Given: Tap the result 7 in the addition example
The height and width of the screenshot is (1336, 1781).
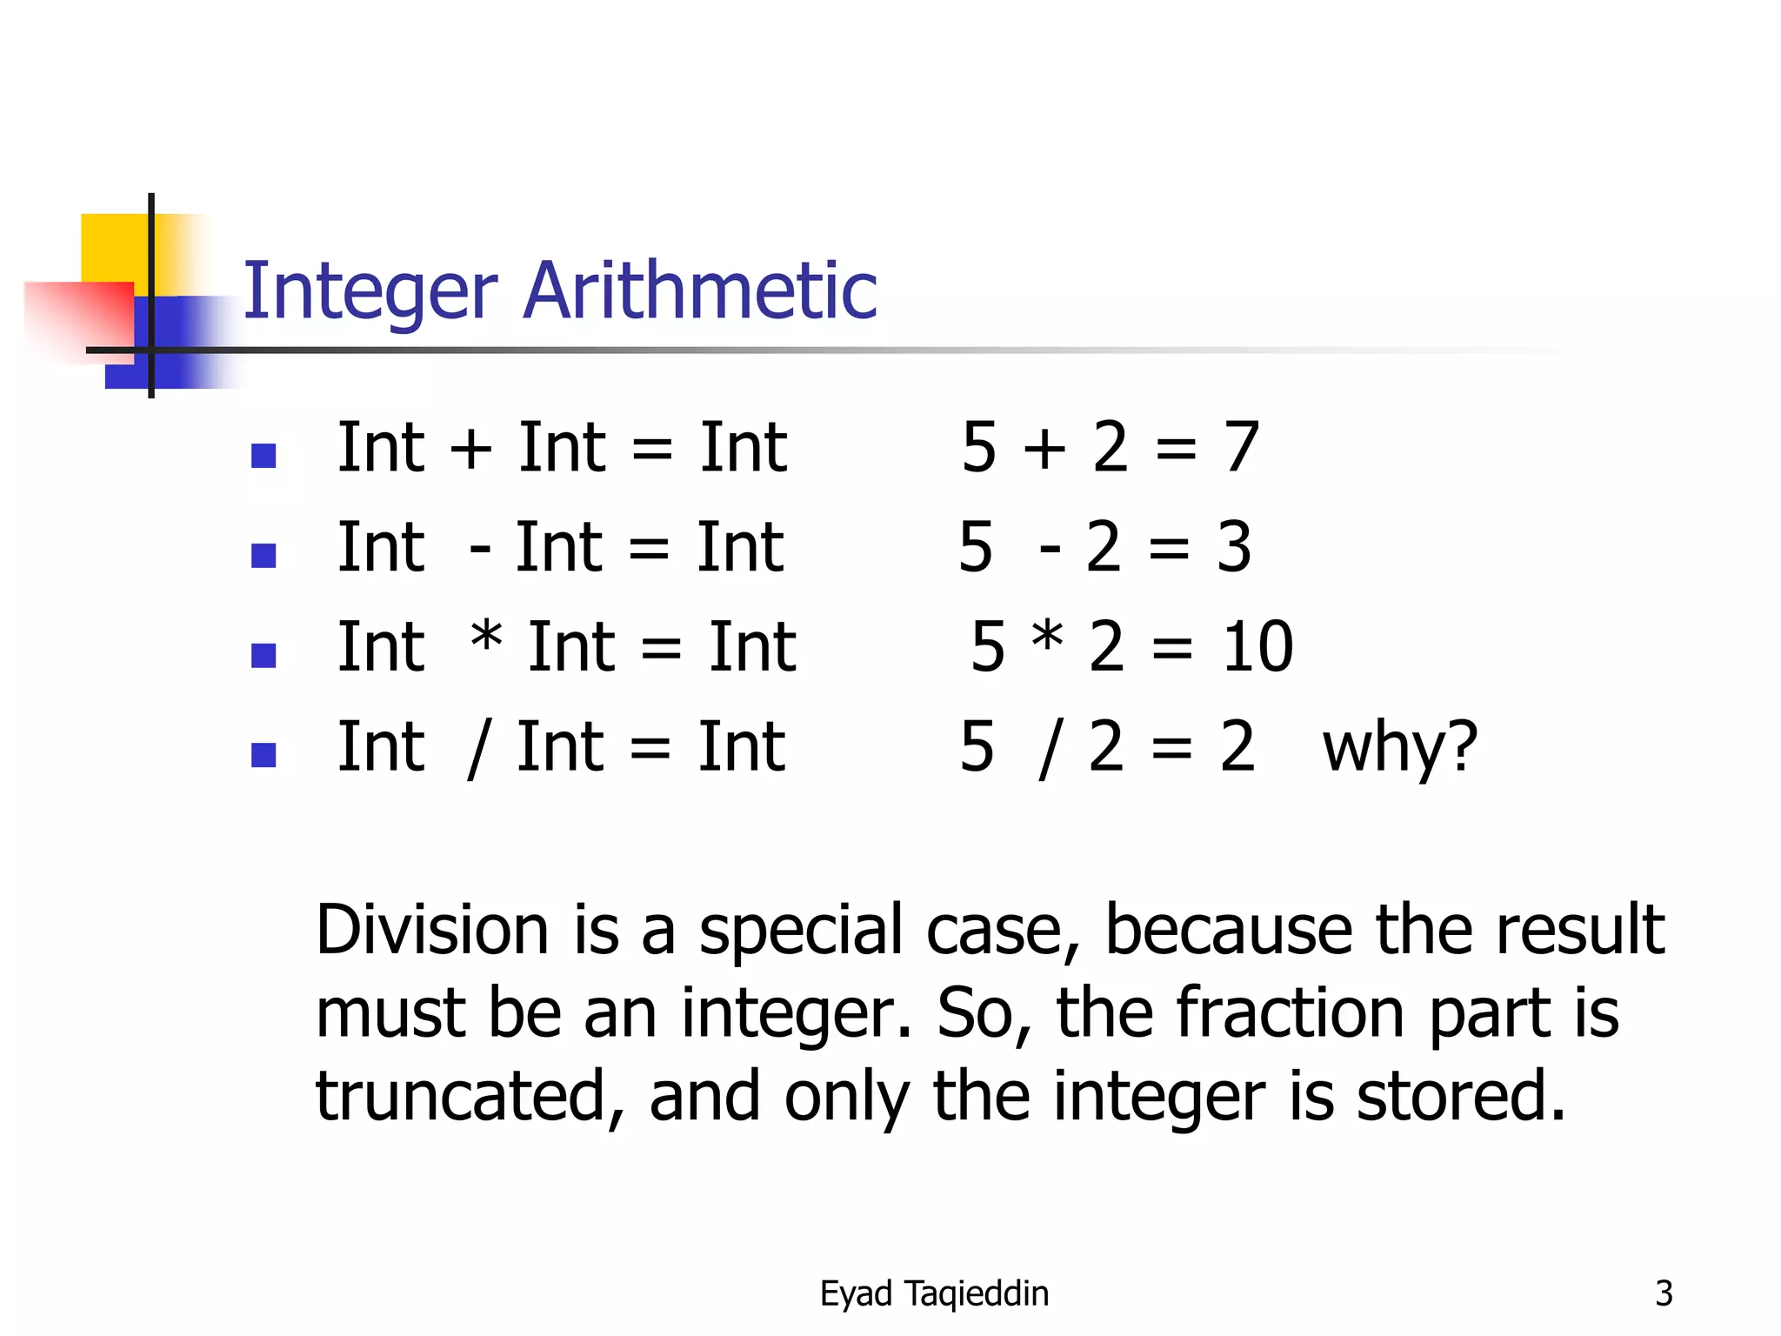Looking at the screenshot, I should (1242, 447).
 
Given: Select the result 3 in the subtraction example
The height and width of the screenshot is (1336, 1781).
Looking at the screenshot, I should (1234, 547).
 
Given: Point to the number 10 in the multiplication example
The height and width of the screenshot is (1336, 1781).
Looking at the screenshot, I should (1257, 647).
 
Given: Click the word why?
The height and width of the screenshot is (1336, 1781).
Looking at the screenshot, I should (1399, 747).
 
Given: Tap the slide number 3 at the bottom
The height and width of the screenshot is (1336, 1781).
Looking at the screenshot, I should (1664, 1293).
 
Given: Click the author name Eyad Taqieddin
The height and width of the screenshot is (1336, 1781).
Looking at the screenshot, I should (934, 1294).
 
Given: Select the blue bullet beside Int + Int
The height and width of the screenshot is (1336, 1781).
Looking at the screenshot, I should (263, 455).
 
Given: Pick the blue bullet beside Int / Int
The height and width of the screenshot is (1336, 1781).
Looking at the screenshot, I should (263, 754).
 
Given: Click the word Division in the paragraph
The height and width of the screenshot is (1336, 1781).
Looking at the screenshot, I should (432, 930).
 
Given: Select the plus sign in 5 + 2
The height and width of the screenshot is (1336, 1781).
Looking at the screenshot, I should (1044, 449).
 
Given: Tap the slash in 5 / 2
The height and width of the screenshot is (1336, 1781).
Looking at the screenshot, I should (1051, 748).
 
